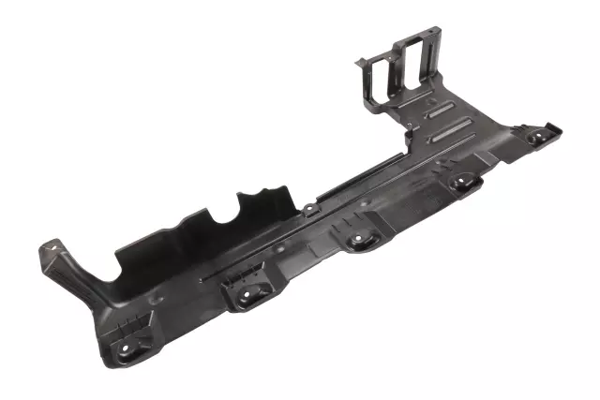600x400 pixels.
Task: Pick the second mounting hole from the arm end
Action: [245, 293]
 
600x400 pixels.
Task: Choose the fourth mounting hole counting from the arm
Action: [463, 183]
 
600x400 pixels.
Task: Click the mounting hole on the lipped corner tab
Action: [536, 137]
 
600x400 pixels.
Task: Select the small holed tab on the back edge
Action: [308, 207]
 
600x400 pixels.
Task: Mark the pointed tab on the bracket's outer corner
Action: [357, 63]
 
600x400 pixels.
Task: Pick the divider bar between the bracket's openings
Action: [398, 67]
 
